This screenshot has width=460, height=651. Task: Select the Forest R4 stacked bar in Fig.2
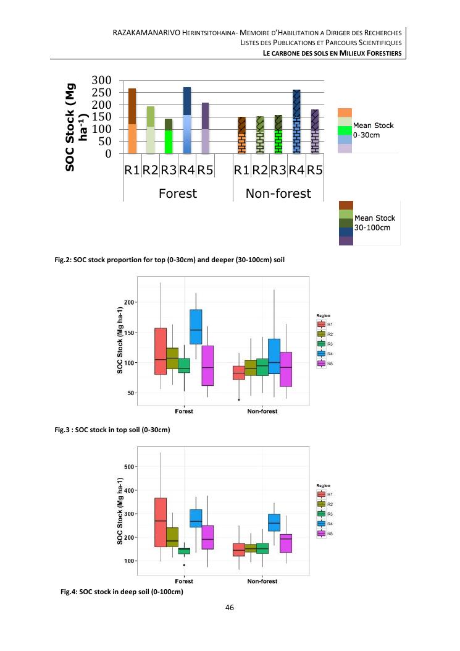click(187, 120)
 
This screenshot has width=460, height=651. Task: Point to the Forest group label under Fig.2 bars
click(178, 194)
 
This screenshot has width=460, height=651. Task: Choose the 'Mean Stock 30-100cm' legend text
click(375, 222)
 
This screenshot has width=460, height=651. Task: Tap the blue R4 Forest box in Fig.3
click(196, 328)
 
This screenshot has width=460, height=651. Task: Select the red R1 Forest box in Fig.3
click(161, 351)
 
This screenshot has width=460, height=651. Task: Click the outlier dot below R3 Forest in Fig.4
click(184, 565)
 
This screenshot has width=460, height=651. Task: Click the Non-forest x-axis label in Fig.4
click(262, 581)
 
